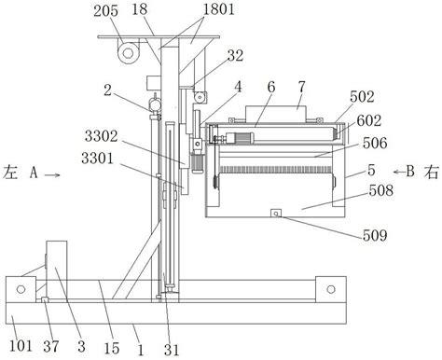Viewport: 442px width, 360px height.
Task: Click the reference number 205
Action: coord(106,11)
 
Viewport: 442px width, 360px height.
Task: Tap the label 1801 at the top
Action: coord(218,9)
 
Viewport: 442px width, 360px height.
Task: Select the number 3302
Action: coord(102,136)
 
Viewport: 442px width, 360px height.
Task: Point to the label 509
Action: coord(375,235)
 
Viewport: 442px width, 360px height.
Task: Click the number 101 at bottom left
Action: coord(21,345)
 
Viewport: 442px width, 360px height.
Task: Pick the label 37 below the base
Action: coord(51,346)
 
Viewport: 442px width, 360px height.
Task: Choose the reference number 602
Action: coord(369,120)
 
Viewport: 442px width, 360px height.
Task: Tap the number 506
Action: coord(375,143)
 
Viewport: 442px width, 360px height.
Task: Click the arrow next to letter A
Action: coord(52,175)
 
